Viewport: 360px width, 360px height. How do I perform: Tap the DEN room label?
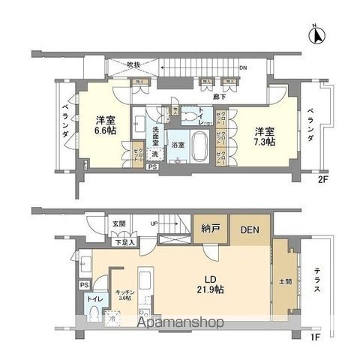(x=250, y=230)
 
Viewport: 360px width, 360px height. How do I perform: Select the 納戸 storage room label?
(x=210, y=230)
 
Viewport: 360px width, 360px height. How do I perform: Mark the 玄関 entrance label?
(x=120, y=223)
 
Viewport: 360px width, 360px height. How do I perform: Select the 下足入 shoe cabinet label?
(x=124, y=241)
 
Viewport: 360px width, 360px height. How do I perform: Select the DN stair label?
(x=242, y=67)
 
